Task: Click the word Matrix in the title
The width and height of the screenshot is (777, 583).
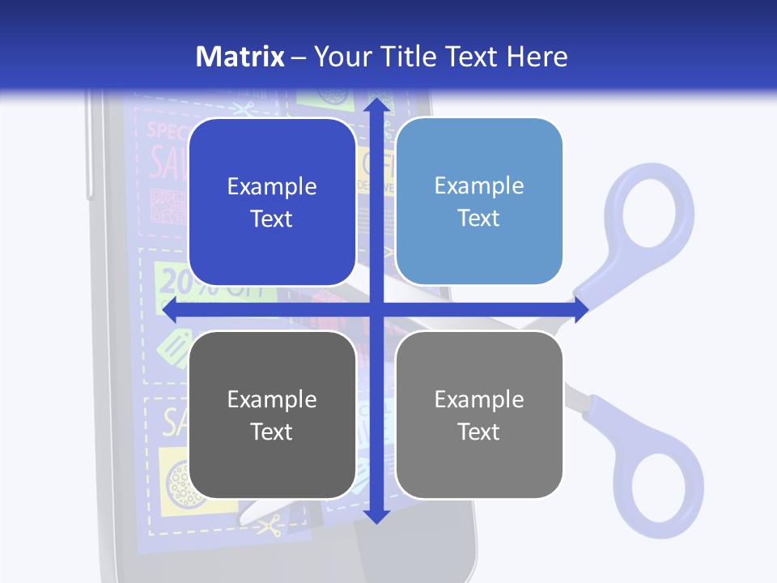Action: pyautogui.click(x=240, y=57)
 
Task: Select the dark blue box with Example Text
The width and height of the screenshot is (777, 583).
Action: pyautogui.click(x=272, y=202)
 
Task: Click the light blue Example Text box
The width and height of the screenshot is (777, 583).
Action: pyautogui.click(x=479, y=202)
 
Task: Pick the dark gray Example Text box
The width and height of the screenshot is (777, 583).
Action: pyautogui.click(x=272, y=415)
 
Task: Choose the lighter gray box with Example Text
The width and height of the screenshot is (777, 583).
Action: pyautogui.click(x=479, y=415)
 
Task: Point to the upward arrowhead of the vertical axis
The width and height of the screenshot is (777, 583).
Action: pyautogui.click(x=376, y=107)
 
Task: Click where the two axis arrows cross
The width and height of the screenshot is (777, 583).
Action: pyautogui.click(x=376, y=310)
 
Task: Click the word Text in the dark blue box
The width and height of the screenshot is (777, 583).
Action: pyautogui.click(x=272, y=219)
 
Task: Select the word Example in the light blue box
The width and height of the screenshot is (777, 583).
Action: pyautogui.click(x=479, y=185)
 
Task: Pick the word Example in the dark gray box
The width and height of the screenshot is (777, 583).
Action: pyautogui.click(x=272, y=398)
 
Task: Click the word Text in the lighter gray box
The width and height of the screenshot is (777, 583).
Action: pyautogui.click(x=479, y=432)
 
